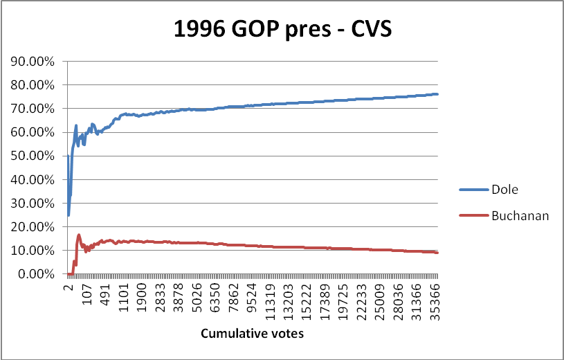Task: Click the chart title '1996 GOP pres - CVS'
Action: click(x=283, y=29)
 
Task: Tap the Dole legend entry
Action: click(x=489, y=190)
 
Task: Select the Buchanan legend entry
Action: click(x=504, y=215)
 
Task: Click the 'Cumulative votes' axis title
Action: click(x=252, y=334)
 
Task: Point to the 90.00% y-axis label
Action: click(x=33, y=62)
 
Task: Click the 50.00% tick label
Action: click(x=33, y=156)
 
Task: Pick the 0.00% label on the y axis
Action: click(x=36, y=274)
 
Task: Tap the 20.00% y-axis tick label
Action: click(x=33, y=227)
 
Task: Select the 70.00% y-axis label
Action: click(x=33, y=109)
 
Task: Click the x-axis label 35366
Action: click(x=435, y=302)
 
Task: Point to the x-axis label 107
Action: click(x=87, y=294)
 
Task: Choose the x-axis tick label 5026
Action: click(x=197, y=298)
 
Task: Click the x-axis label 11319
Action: click(x=271, y=302)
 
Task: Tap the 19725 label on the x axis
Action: click(x=343, y=302)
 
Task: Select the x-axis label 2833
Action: click(x=161, y=298)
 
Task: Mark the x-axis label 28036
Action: click(x=399, y=302)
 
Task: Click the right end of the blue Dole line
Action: click(x=437, y=94)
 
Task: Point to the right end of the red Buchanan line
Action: click(x=437, y=253)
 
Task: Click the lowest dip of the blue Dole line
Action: click(x=69, y=215)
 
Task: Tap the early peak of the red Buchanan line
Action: click(x=79, y=235)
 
